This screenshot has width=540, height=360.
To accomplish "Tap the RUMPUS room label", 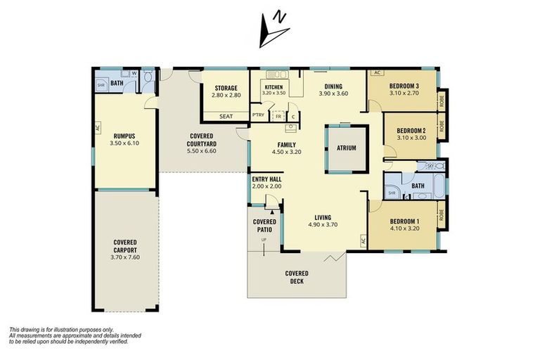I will tap(123, 135).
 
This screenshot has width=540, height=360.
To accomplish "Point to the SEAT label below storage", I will tap(226, 116).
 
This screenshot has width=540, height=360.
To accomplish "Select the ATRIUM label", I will tap(347, 148).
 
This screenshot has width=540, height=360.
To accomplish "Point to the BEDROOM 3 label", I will tap(403, 85).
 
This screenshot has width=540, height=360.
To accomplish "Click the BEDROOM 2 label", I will tap(411, 130).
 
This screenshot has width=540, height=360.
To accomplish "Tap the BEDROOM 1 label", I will tap(406, 221).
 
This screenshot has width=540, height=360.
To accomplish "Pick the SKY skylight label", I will tap(430, 165).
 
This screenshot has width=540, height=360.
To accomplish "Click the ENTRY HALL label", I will tap(266, 179).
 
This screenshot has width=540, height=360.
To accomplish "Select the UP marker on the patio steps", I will tap(264, 240).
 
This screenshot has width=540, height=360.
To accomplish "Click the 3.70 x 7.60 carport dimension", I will tap(125, 257).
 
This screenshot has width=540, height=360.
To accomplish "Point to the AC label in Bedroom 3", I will tap(376, 73).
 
